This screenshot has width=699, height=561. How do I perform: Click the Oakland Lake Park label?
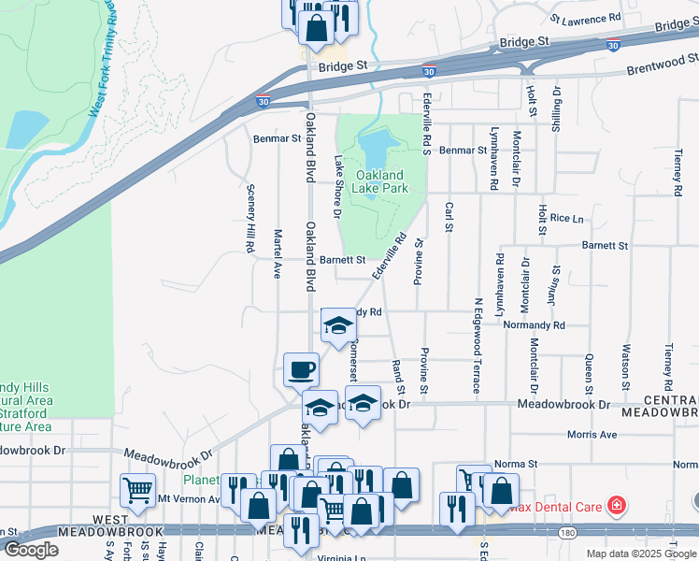(x=380, y=181)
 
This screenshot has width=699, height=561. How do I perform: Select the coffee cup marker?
(x=301, y=369)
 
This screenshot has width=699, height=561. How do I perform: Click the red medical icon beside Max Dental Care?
(x=616, y=507)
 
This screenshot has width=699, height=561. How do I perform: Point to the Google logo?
(x=30, y=550)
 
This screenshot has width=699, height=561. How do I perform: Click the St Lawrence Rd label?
(x=586, y=18)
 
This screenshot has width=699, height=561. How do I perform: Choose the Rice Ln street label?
(x=566, y=218)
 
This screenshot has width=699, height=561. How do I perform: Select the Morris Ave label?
(x=592, y=435)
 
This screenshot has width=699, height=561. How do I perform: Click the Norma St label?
(x=516, y=463)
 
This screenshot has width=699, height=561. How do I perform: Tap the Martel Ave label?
(x=278, y=253)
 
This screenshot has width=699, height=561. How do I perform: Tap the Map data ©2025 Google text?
(x=641, y=554)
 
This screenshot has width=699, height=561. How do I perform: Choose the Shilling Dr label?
(x=556, y=110)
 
